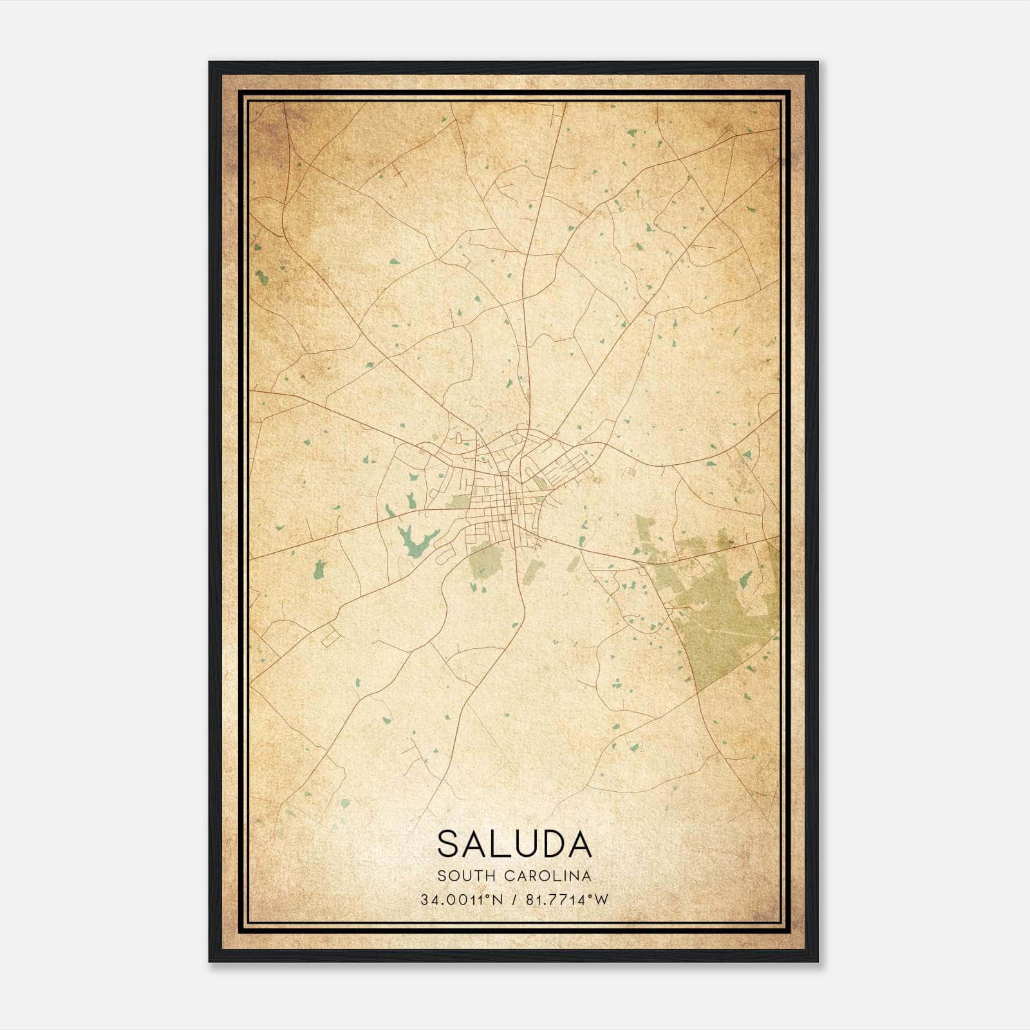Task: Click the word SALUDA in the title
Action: [514, 843]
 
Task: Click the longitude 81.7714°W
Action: [566, 900]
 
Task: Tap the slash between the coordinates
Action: [512, 900]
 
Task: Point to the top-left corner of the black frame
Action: [210, 63]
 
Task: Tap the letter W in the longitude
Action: [602, 900]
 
